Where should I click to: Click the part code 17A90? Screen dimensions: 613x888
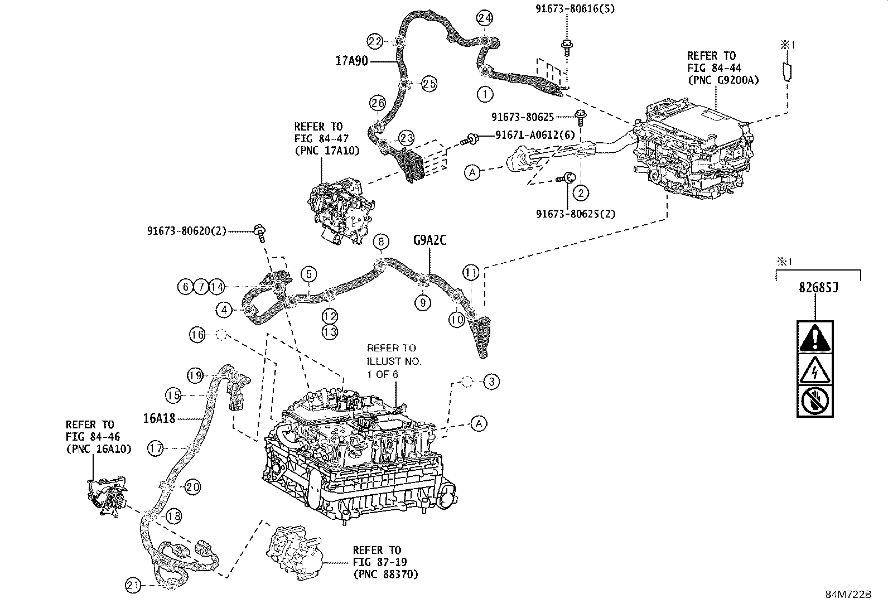pyautogui.click(x=351, y=61)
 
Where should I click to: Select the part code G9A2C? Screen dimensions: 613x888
pyautogui.click(x=430, y=241)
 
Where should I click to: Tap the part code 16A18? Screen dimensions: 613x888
pyautogui.click(x=159, y=418)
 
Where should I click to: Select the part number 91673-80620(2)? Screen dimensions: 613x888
pyautogui.click(x=187, y=230)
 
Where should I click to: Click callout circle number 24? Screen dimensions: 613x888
pyautogui.click(x=485, y=18)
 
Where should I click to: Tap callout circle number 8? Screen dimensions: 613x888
pyautogui.click(x=381, y=242)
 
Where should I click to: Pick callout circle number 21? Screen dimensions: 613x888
pyautogui.click(x=133, y=586)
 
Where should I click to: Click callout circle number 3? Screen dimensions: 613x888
pyautogui.click(x=491, y=382)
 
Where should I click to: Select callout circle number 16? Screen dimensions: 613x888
pyautogui.click(x=197, y=335)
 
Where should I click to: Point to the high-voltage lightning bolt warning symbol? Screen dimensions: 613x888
pyautogui.click(x=815, y=369)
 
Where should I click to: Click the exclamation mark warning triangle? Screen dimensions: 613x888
pyautogui.click(x=815, y=338)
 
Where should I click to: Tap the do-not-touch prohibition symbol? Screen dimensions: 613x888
pyautogui.click(x=815, y=400)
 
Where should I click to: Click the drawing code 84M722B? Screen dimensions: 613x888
pyautogui.click(x=848, y=595)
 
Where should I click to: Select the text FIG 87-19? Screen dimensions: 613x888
pyautogui.click(x=377, y=562)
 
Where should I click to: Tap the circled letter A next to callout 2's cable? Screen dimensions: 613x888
pyautogui.click(x=472, y=173)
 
